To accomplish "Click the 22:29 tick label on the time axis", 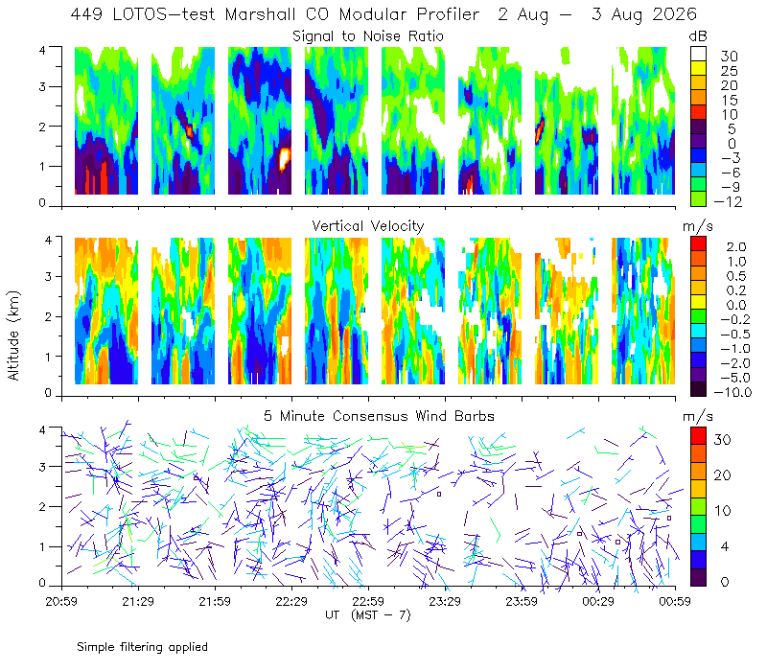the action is (x=291, y=601).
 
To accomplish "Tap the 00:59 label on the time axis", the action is (x=675, y=601).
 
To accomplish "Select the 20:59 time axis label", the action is (x=61, y=601).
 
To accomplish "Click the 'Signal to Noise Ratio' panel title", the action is (x=368, y=36).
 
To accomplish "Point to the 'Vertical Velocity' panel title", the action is (x=368, y=226).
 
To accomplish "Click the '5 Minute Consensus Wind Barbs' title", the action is (x=379, y=416).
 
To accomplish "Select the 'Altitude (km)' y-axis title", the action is (x=13, y=335).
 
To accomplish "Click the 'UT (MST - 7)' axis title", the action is (x=368, y=615).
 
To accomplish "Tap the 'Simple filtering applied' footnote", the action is (x=142, y=648).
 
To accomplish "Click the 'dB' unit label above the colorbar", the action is (x=698, y=36).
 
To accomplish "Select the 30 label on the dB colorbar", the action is (x=729, y=57).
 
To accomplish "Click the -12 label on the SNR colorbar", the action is (x=728, y=201).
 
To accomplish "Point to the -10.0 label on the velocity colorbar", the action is (x=732, y=392).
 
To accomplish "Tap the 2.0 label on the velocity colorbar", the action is (x=736, y=246).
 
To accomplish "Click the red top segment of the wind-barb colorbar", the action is (x=698, y=436).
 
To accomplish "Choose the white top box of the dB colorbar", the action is (x=698, y=54).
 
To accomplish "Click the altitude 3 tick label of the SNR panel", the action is (x=42, y=87).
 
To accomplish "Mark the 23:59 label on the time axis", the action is (x=522, y=601).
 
